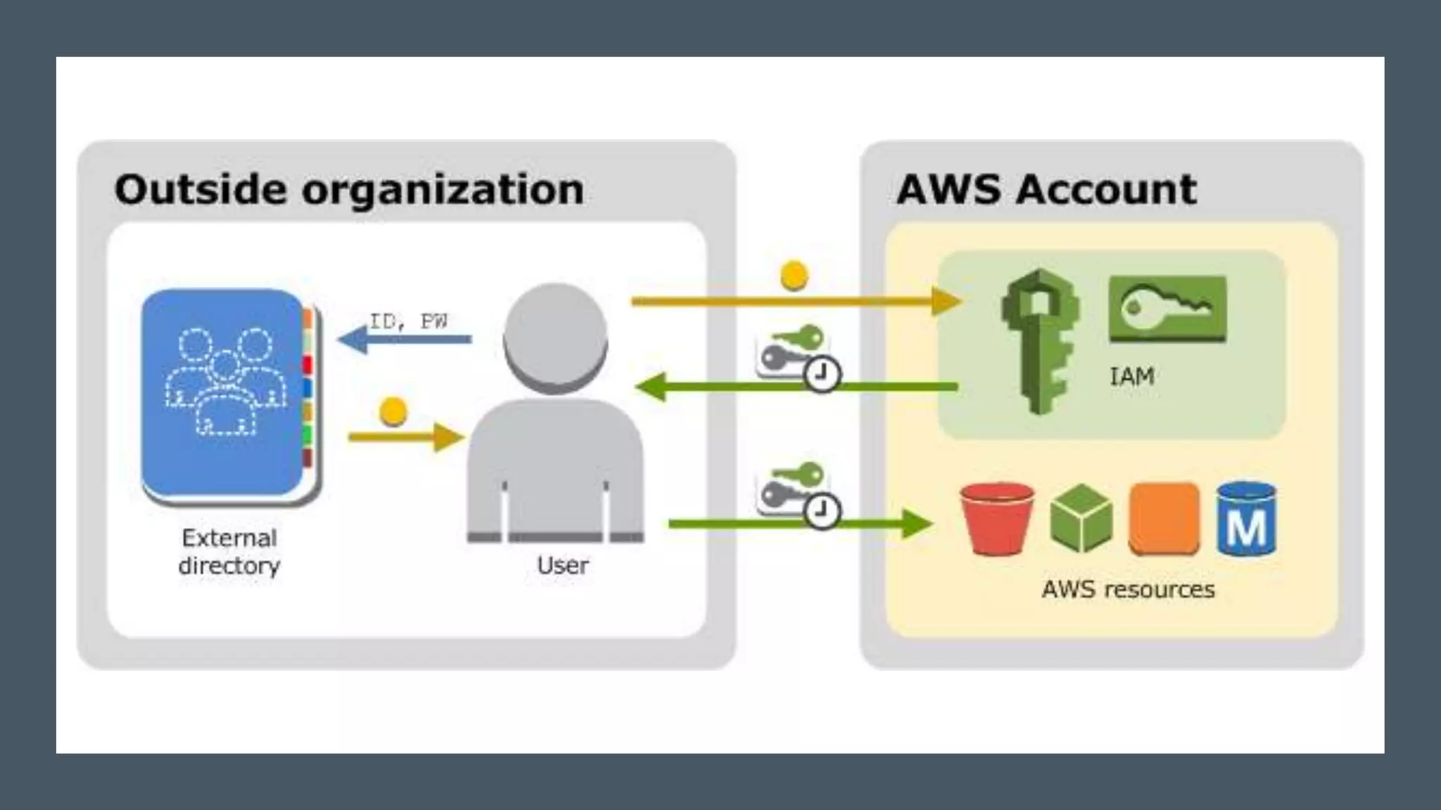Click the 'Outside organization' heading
[x=349, y=190]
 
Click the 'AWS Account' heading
[x=1046, y=190]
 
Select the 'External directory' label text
[x=229, y=552]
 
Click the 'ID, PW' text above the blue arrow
[x=409, y=321]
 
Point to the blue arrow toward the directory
[x=405, y=340]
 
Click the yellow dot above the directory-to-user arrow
[x=393, y=412]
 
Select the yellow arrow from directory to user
[x=405, y=437]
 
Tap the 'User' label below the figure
[x=563, y=565]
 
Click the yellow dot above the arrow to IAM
[x=794, y=276]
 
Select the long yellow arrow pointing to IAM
[x=795, y=302]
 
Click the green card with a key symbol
[x=1167, y=309]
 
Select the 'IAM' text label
[x=1131, y=377]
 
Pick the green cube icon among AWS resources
[x=1081, y=519]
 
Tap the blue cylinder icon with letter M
[x=1246, y=519]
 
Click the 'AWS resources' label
[x=1128, y=589]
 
